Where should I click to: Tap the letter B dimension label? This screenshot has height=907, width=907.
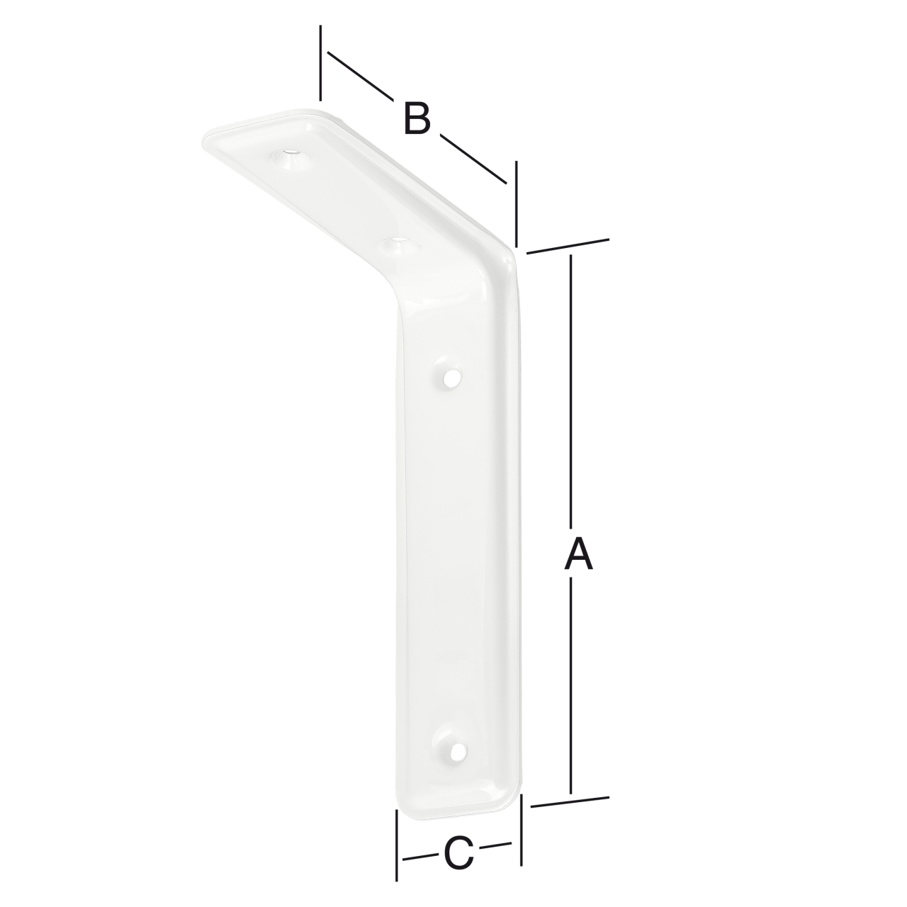[x=417, y=118]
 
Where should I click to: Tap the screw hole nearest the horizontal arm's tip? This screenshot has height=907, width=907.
[x=290, y=154]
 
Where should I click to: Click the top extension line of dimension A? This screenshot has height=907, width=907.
[x=568, y=245]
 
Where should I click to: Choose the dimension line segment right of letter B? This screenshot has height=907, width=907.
[x=473, y=158]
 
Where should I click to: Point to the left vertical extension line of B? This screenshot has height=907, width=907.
[x=321, y=64]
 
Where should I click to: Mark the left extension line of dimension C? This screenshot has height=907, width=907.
[x=397, y=847]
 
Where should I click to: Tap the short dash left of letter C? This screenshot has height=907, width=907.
[x=419, y=857]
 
